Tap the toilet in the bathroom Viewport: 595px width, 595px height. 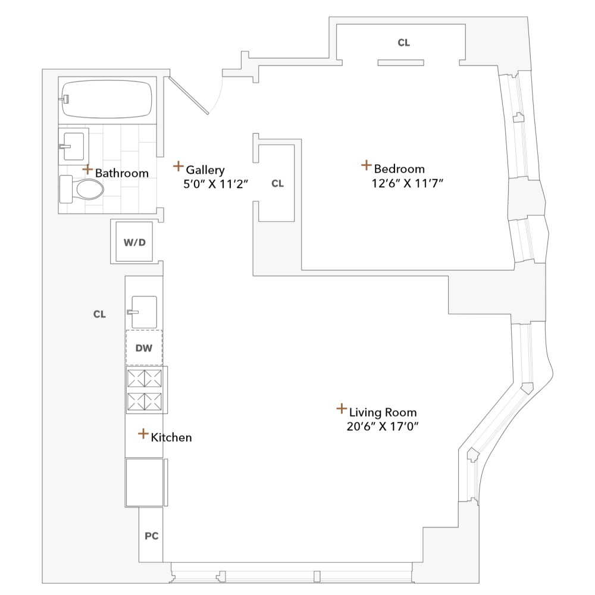point(83,190)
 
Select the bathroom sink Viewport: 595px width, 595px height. point(74,145)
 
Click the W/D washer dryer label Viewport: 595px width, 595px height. point(134,242)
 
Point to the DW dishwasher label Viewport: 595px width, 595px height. point(143,347)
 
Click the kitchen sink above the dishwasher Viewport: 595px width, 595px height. point(143,311)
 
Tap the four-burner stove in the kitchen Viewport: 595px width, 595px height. point(145,390)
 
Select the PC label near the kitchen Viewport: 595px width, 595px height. point(151,535)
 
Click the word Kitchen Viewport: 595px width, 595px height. point(171,438)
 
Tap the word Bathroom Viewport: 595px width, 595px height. point(121,173)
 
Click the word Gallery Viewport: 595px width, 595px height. point(205,170)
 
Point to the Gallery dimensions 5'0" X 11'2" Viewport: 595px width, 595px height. point(215,184)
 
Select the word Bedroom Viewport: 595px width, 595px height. point(399,169)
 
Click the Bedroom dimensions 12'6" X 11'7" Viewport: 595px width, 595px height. point(408,183)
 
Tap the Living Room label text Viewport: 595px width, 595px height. point(383,412)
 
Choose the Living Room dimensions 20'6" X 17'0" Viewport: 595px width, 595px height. point(387,427)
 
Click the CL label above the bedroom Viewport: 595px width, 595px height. point(404,43)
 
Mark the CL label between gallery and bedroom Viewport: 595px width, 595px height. point(278,184)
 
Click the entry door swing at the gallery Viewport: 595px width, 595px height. point(196,95)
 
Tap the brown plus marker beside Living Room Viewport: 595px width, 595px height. point(342,409)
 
